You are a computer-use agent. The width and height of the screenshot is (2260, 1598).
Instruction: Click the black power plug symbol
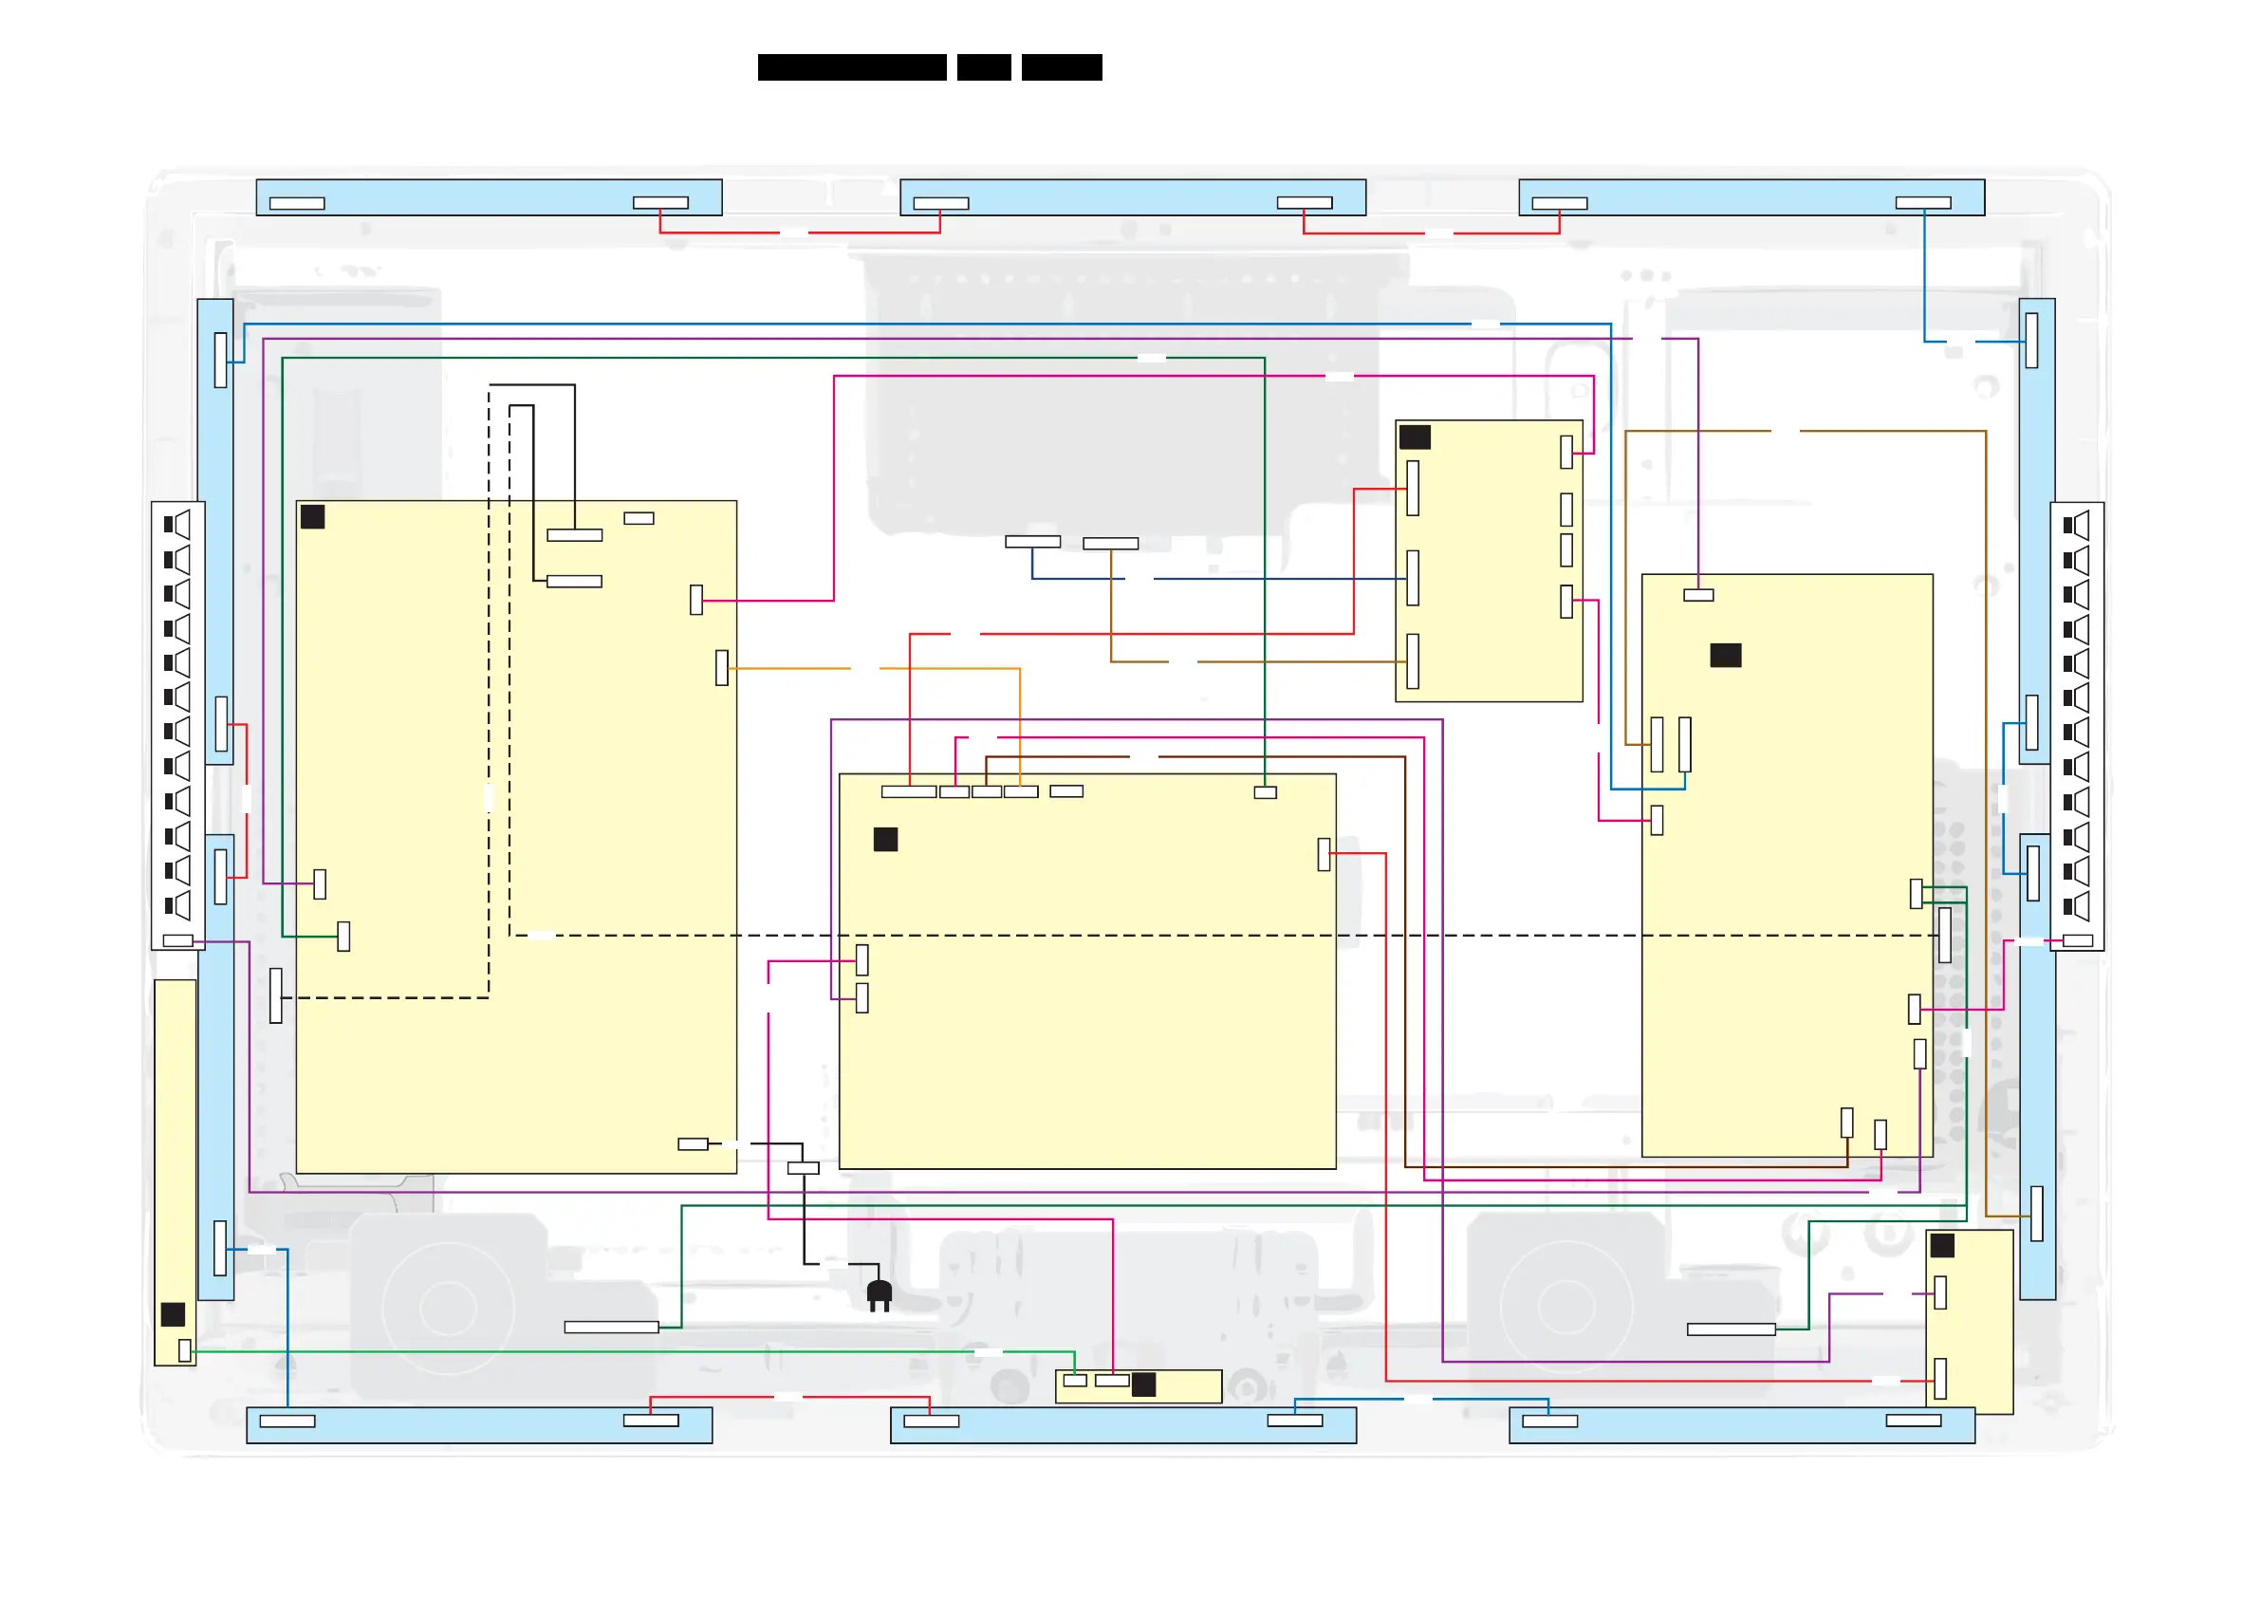(x=879, y=1293)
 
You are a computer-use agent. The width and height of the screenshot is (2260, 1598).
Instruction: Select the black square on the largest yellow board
(x=312, y=517)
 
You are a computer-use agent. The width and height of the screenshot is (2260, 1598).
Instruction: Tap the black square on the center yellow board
(x=885, y=839)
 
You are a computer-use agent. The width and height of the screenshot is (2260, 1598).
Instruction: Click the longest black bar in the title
(x=851, y=67)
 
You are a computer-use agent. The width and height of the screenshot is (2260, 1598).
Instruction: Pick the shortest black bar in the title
(x=983, y=67)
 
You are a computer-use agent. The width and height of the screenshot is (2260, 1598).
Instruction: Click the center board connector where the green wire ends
(x=1265, y=792)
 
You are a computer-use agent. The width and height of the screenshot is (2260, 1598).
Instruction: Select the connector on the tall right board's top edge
(x=1698, y=595)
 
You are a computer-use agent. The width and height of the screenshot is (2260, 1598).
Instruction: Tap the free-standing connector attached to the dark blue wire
(x=1031, y=542)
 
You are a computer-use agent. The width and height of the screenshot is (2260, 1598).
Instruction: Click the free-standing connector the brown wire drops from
(x=1110, y=544)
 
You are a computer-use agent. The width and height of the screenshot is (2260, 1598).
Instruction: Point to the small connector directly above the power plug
(x=804, y=1168)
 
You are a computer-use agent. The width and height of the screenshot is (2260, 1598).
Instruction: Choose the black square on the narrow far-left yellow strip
(x=174, y=1313)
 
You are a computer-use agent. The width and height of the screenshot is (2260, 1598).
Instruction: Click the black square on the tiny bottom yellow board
(x=1144, y=1384)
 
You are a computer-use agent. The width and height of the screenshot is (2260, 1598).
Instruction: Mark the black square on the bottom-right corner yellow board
(x=1942, y=1246)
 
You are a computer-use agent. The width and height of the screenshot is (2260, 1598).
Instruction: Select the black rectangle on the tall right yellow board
(x=1726, y=655)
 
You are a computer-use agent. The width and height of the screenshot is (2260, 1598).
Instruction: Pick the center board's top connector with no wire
(x=1066, y=790)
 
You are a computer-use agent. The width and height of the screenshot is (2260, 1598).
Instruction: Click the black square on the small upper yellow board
(x=1415, y=437)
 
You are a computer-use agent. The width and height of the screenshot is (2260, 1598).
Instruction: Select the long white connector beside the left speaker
(x=610, y=1328)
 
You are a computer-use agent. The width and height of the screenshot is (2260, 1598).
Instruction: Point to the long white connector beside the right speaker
(x=1731, y=1329)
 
